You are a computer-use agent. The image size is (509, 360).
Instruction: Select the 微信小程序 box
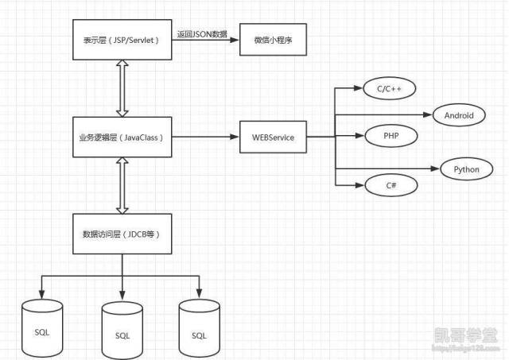click(273, 39)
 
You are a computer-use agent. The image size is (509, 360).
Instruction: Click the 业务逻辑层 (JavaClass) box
click(122, 137)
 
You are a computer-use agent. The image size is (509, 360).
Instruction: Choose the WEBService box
click(273, 137)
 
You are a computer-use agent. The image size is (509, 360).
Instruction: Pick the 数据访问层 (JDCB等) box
click(122, 234)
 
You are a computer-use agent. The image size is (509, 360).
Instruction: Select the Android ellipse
click(459, 115)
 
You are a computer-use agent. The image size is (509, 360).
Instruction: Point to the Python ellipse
click(466, 168)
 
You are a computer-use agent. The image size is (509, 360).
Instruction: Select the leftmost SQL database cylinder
click(43, 327)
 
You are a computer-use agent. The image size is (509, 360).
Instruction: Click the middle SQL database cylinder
click(122, 332)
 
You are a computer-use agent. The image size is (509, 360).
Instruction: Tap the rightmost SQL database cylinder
click(199, 327)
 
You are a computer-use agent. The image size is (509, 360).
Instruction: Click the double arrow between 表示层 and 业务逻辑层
click(122, 87)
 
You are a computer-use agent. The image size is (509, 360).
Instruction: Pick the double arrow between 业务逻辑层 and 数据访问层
click(122, 185)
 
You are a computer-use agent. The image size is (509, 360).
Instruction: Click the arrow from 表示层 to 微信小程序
click(206, 40)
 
